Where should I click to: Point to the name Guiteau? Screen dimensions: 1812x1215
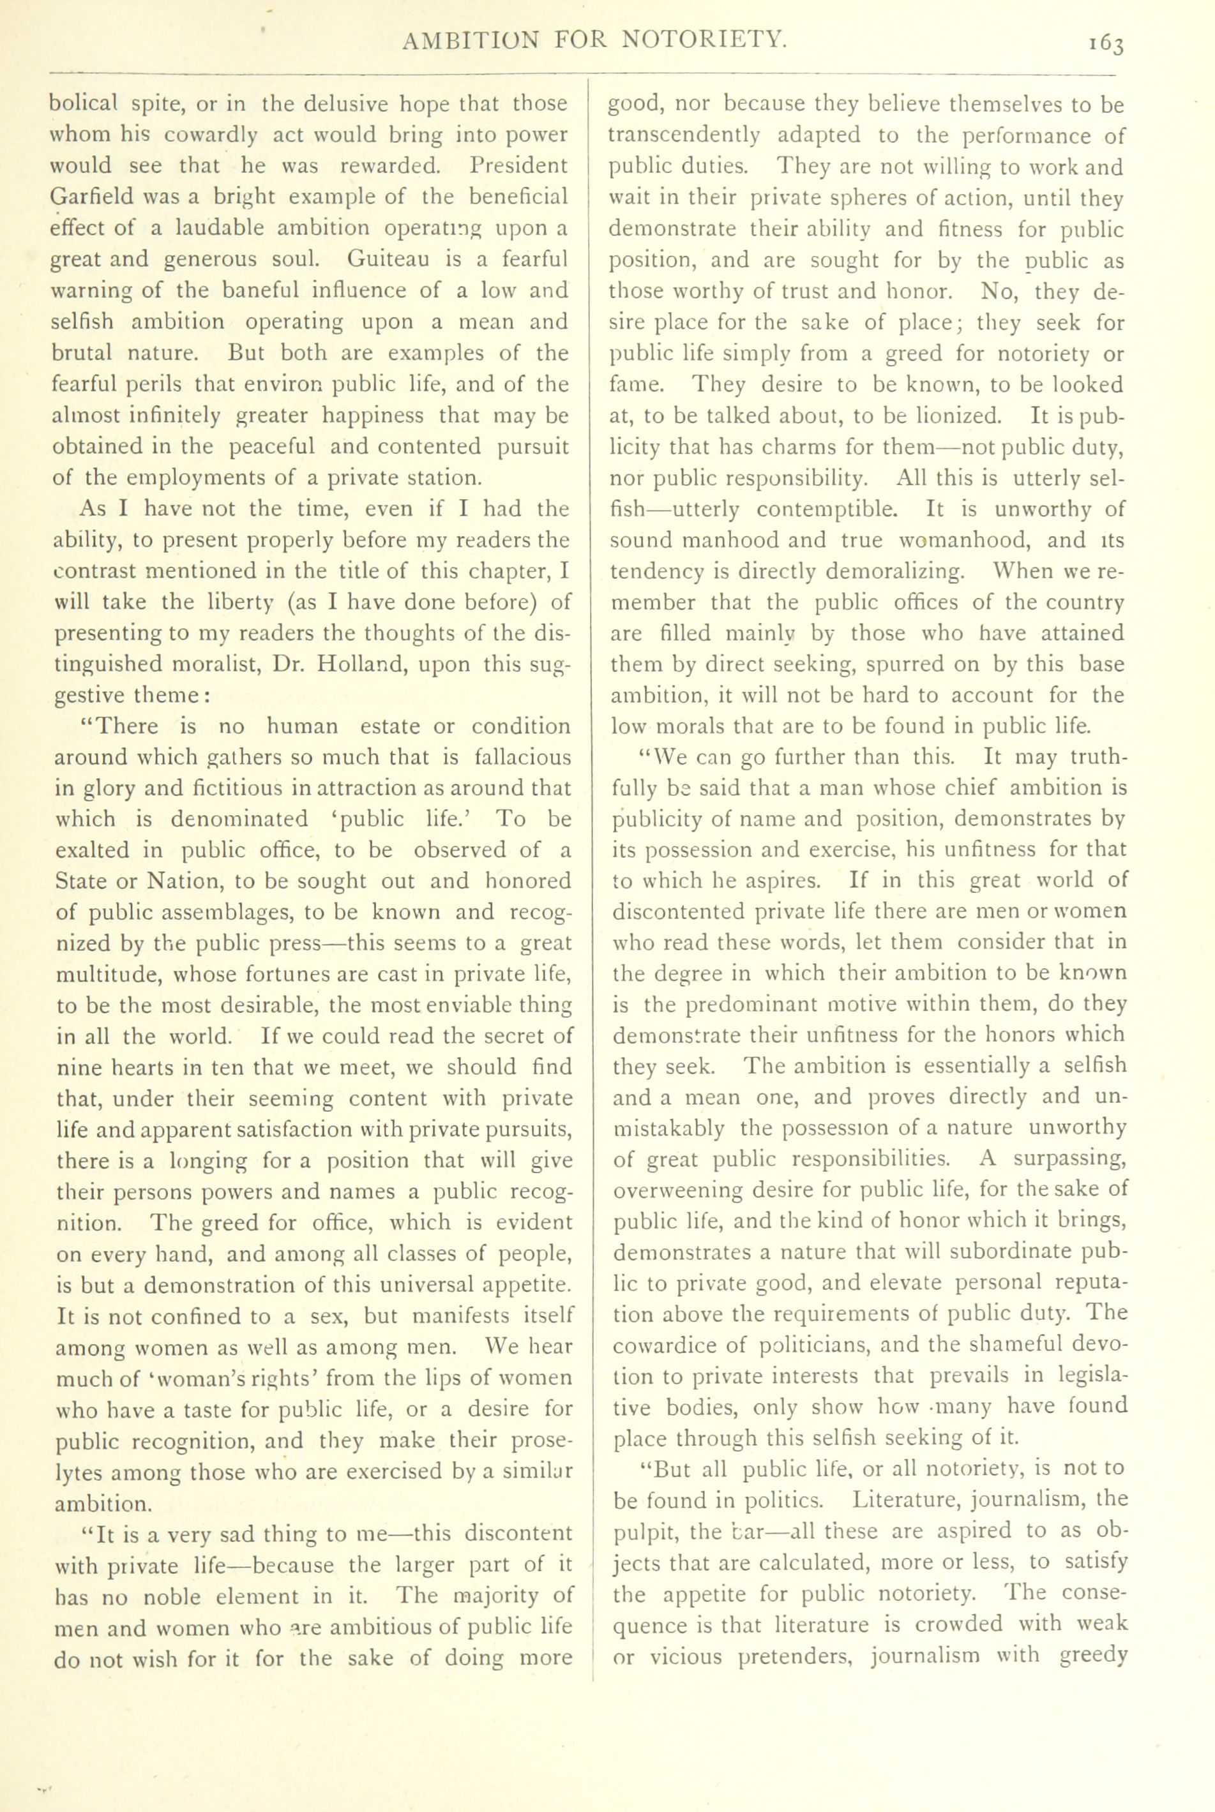[403, 258]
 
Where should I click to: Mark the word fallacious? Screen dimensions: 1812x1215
[522, 758]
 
